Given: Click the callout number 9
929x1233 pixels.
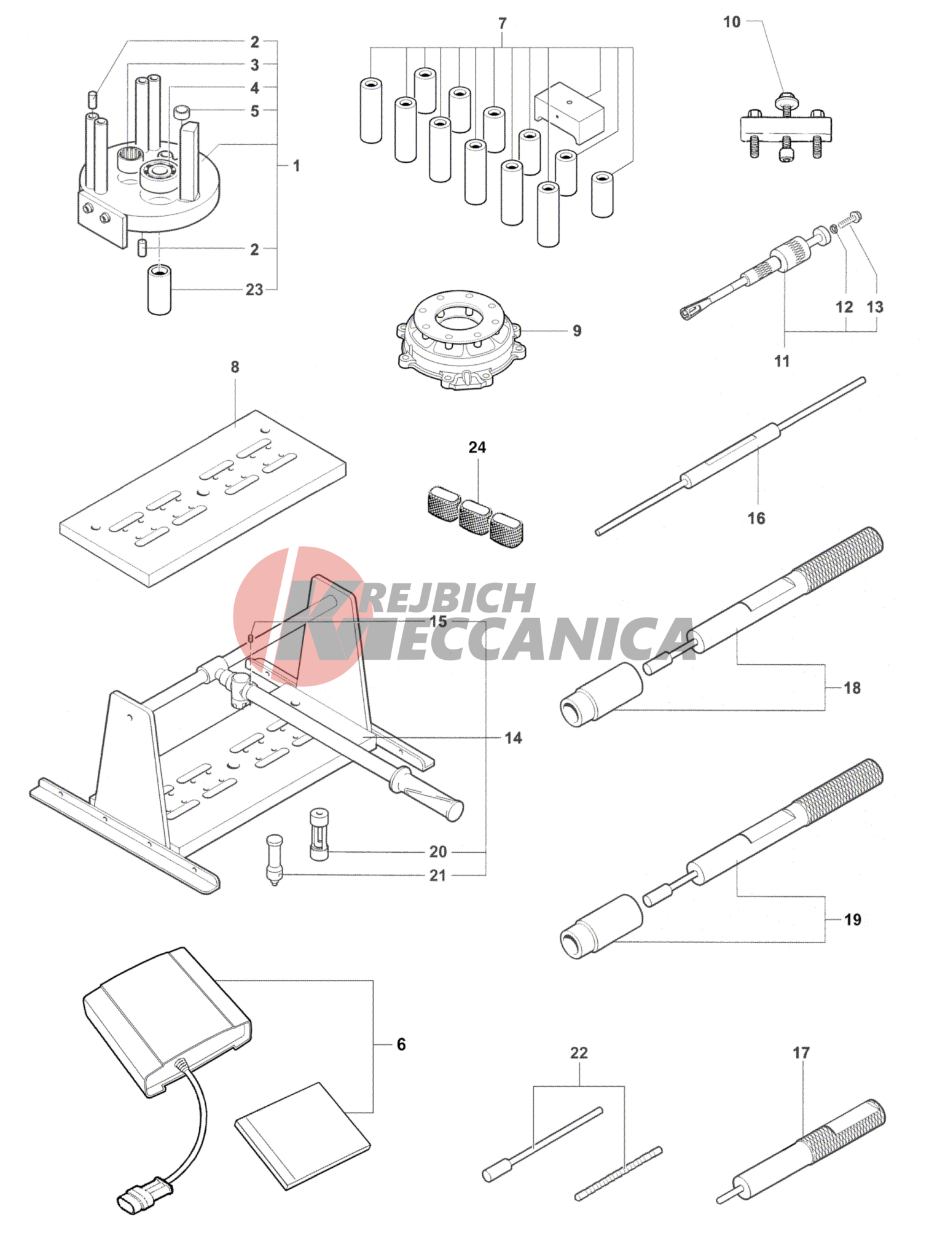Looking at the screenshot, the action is (577, 331).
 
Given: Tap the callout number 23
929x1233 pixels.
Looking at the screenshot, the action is (254, 289).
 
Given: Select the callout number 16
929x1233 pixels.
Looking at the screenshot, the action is (756, 518).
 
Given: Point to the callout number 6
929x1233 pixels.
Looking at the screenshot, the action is (401, 1044).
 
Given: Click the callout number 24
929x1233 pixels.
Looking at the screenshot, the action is (477, 447).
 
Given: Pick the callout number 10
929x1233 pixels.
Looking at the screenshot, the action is (732, 22).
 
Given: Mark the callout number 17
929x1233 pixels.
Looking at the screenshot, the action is (801, 1052).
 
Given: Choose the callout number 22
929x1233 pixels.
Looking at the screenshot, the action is (579, 1052).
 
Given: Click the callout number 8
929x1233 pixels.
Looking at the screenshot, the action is (235, 367).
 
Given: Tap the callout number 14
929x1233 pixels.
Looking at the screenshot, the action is (513, 738).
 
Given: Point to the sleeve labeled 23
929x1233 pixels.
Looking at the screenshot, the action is (160, 290).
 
